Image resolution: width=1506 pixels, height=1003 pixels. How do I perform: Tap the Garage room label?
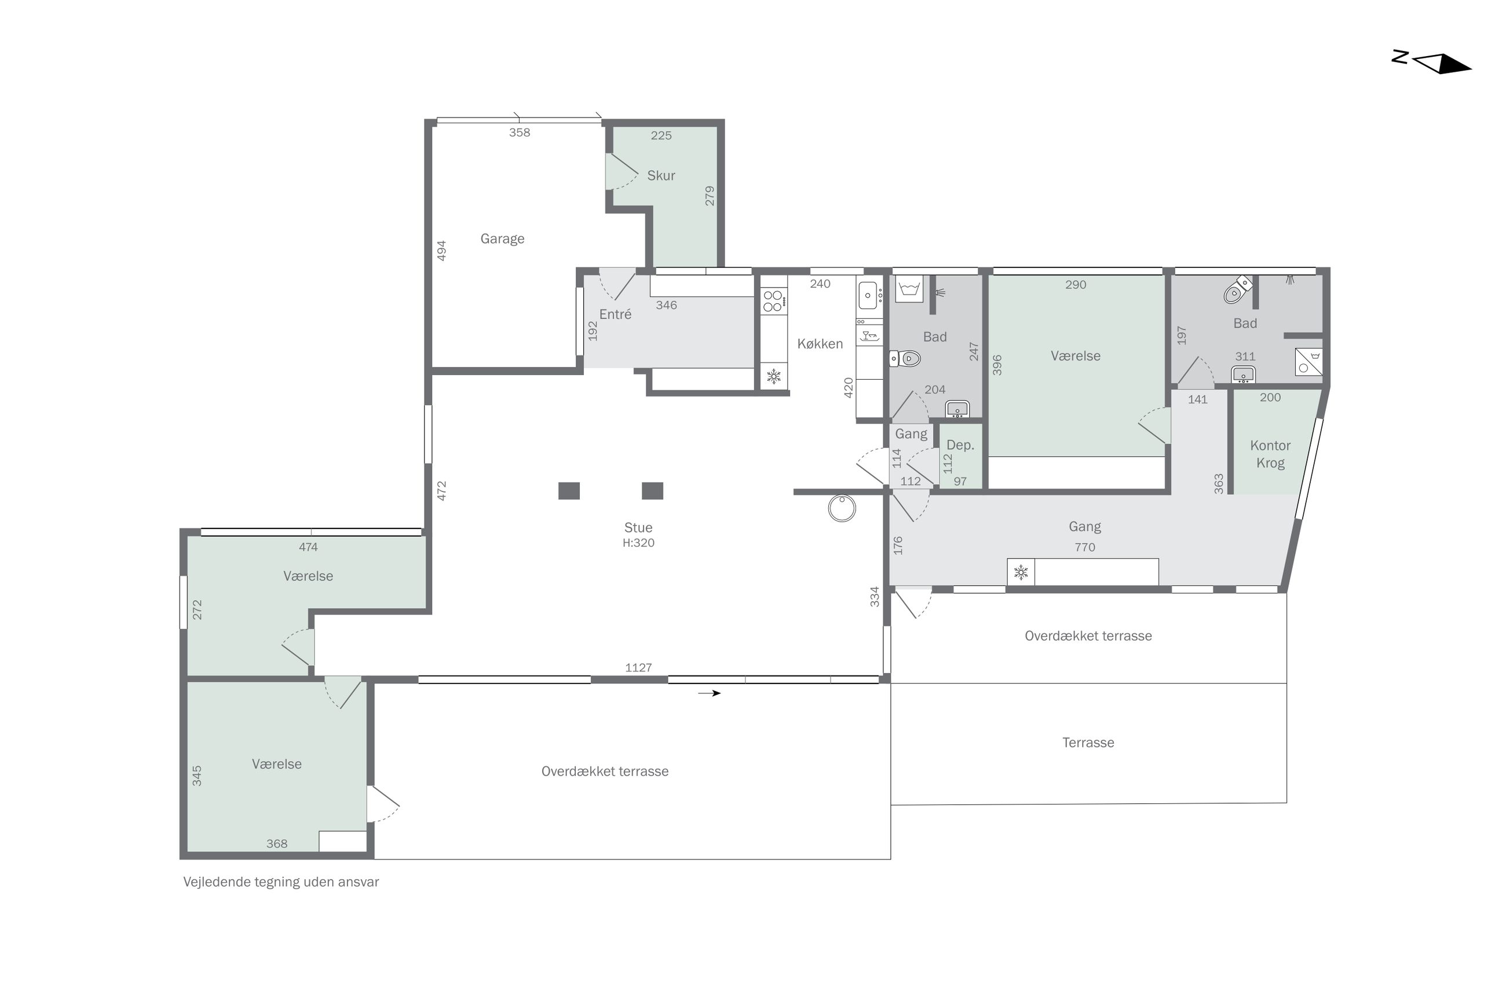502,238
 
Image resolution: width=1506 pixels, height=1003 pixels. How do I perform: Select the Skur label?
660,175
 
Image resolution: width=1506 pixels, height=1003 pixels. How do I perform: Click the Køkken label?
819,344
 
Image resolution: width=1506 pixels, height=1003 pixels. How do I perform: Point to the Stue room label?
638,527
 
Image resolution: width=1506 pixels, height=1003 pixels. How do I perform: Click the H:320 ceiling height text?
638,542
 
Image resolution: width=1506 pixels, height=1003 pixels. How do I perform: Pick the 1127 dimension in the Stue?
638,667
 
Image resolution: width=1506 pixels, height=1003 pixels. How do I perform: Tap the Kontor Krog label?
1269,454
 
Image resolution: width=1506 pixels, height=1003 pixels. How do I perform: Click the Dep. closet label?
959,445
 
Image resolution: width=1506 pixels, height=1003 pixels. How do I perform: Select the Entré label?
615,314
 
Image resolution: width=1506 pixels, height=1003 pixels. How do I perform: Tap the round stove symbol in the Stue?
841,508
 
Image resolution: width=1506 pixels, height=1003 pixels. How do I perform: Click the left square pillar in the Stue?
568,491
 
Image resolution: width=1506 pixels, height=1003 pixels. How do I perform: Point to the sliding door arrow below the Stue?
708,693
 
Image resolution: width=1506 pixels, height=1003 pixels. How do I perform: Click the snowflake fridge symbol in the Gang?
1020,572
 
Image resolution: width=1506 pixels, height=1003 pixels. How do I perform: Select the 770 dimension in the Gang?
1084,547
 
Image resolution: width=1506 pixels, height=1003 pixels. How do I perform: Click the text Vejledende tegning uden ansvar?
281,881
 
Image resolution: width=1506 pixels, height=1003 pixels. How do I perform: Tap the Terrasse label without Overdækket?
1087,742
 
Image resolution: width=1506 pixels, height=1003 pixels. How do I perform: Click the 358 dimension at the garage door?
519,133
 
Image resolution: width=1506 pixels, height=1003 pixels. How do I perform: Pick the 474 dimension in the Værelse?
308,547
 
